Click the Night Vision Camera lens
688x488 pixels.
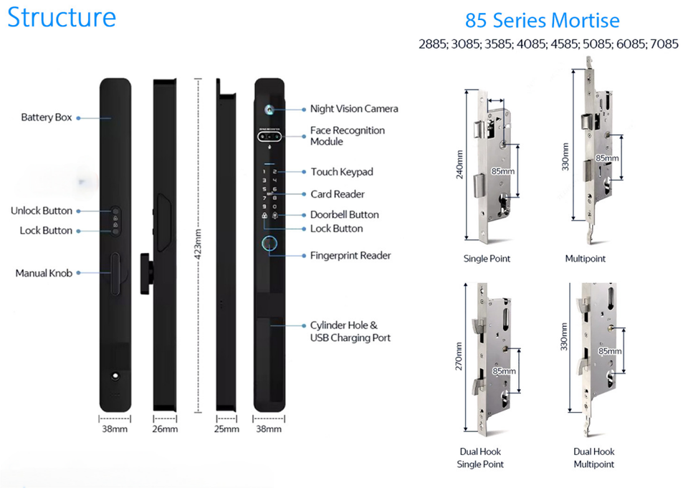tap(270, 110)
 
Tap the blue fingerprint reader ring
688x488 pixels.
tap(270, 244)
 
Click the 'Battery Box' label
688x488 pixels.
tap(47, 118)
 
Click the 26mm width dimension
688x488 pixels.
tap(165, 429)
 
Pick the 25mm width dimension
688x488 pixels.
tap(226, 429)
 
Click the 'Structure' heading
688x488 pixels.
tap(62, 17)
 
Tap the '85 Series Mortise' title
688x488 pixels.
tap(542, 21)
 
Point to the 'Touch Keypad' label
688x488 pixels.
tap(342, 172)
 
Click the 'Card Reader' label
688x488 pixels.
tap(338, 194)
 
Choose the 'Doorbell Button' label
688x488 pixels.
tap(344, 215)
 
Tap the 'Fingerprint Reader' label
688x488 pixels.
tap(350, 256)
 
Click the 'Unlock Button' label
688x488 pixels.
tap(42, 211)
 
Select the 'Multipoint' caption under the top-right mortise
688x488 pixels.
tap(585, 259)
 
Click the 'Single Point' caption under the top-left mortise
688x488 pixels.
tap(487, 259)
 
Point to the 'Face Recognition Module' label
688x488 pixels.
tap(348, 136)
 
